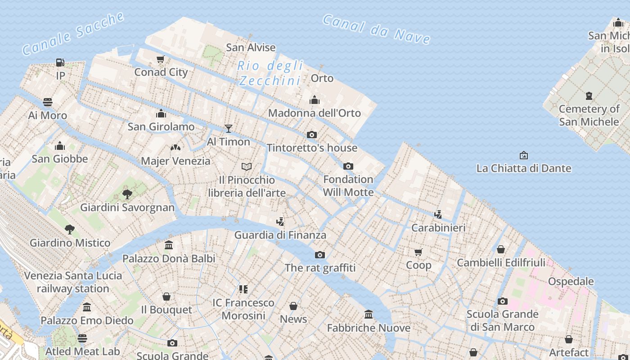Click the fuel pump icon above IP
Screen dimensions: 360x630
pyautogui.click(x=60, y=62)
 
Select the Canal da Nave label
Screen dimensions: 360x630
pyautogui.click(x=376, y=29)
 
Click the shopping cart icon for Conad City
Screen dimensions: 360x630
pyautogui.click(x=161, y=59)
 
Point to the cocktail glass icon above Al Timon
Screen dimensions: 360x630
pyautogui.click(x=229, y=129)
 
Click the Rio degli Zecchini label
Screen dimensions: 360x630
pyautogui.click(x=270, y=73)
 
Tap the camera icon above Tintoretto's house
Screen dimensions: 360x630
pyautogui.click(x=311, y=135)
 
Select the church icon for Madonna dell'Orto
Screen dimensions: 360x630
pyautogui.click(x=315, y=99)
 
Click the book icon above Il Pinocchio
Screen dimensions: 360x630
pyautogui.click(x=247, y=167)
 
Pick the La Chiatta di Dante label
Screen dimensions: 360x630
pyautogui.click(x=524, y=168)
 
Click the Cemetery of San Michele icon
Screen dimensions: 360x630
pyautogui.click(x=589, y=96)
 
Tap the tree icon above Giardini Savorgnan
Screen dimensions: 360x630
pyautogui.click(x=127, y=194)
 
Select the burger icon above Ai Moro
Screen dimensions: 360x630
pyautogui.click(x=48, y=102)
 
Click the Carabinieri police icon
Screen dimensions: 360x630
pyautogui.click(x=438, y=214)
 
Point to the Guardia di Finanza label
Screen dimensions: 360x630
pyautogui.click(x=280, y=235)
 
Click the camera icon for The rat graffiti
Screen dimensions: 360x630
pyautogui.click(x=320, y=255)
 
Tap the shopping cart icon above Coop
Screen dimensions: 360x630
pyautogui.click(x=418, y=252)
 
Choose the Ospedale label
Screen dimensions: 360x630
pyautogui.click(x=571, y=281)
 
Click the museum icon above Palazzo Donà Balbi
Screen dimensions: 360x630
pyautogui.click(x=169, y=245)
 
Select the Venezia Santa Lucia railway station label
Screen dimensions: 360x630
pyautogui.click(x=73, y=282)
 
